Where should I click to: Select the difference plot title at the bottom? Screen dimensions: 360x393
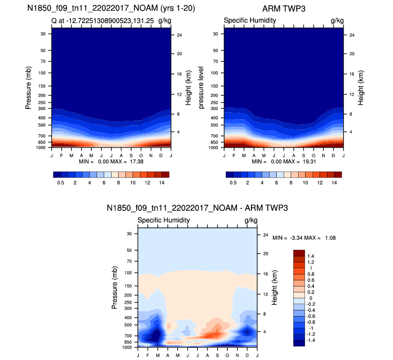tap(197, 209)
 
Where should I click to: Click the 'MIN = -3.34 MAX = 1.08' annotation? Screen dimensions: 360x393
tap(304, 238)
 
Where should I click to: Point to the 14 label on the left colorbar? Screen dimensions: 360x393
tap(161, 182)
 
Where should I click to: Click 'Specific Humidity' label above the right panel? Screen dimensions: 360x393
tap(250, 20)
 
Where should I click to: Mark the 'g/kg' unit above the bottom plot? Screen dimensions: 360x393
tap(251, 221)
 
